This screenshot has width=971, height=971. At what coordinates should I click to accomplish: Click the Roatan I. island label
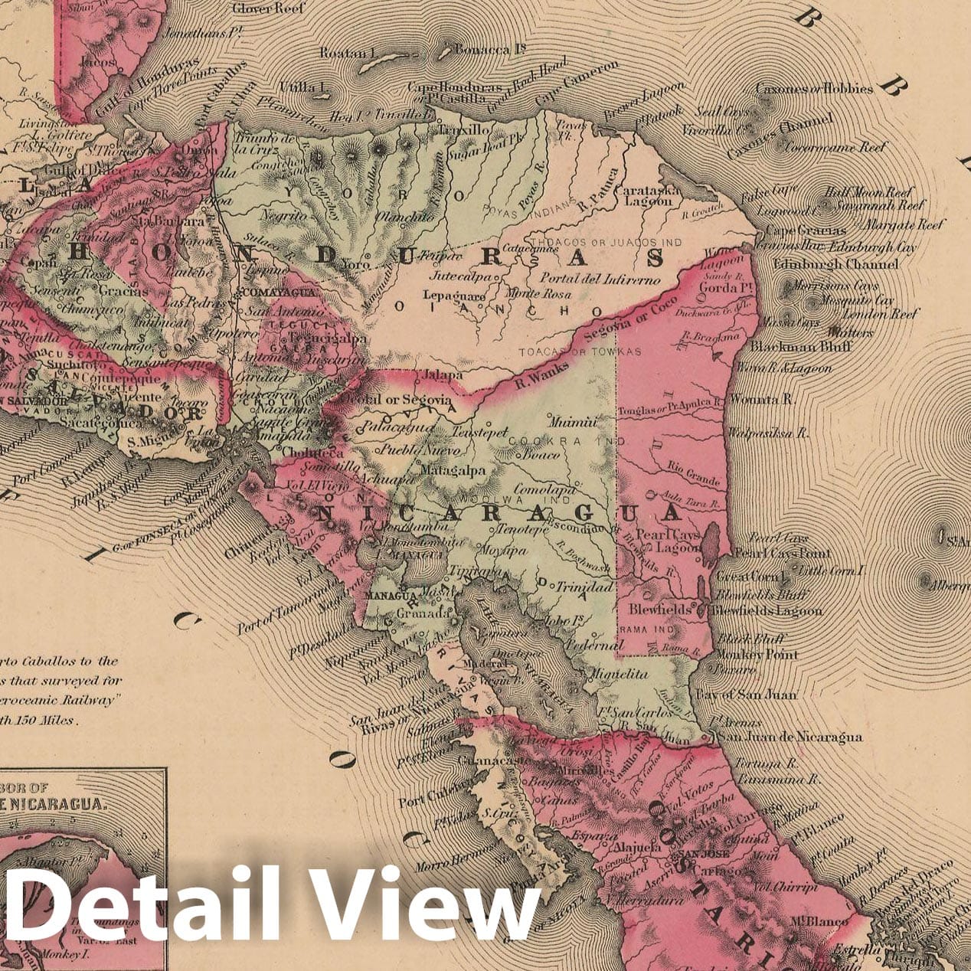345,54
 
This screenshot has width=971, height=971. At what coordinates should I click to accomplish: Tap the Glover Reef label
268,9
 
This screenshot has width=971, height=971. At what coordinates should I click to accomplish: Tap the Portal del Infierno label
600,280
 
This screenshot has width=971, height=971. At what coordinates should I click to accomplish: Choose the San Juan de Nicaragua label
789,737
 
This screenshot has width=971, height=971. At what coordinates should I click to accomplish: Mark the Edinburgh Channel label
835,264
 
